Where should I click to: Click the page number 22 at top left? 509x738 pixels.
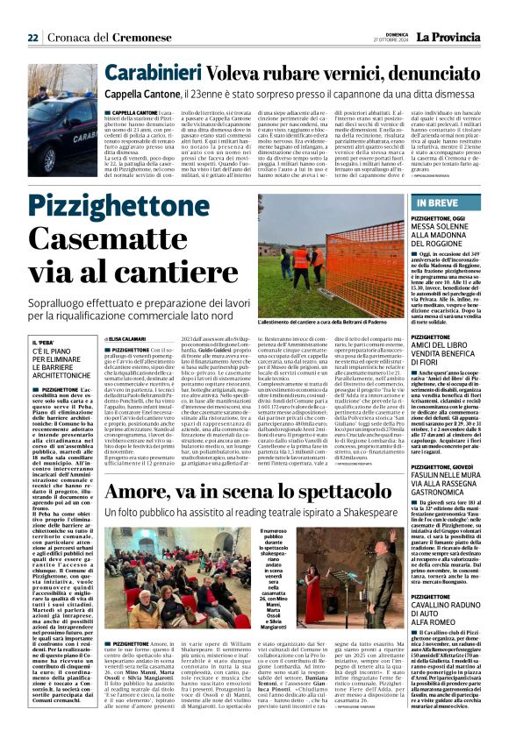(x=32, y=37)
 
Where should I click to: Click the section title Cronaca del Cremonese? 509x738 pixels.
(x=97, y=37)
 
